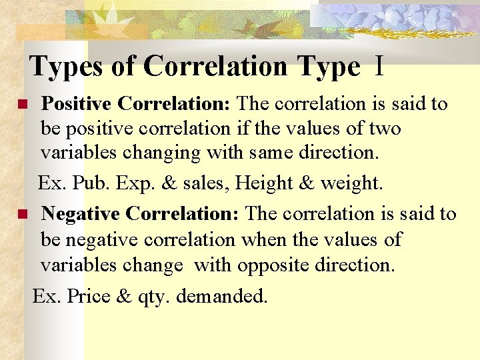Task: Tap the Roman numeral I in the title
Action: tap(379, 67)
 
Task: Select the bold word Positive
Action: tap(77, 104)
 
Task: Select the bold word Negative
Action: tap(81, 214)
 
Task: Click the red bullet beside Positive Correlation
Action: tap(21, 105)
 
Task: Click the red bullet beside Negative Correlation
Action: tap(21, 215)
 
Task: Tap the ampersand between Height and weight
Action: tap(307, 183)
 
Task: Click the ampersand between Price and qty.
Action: tap(124, 296)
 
